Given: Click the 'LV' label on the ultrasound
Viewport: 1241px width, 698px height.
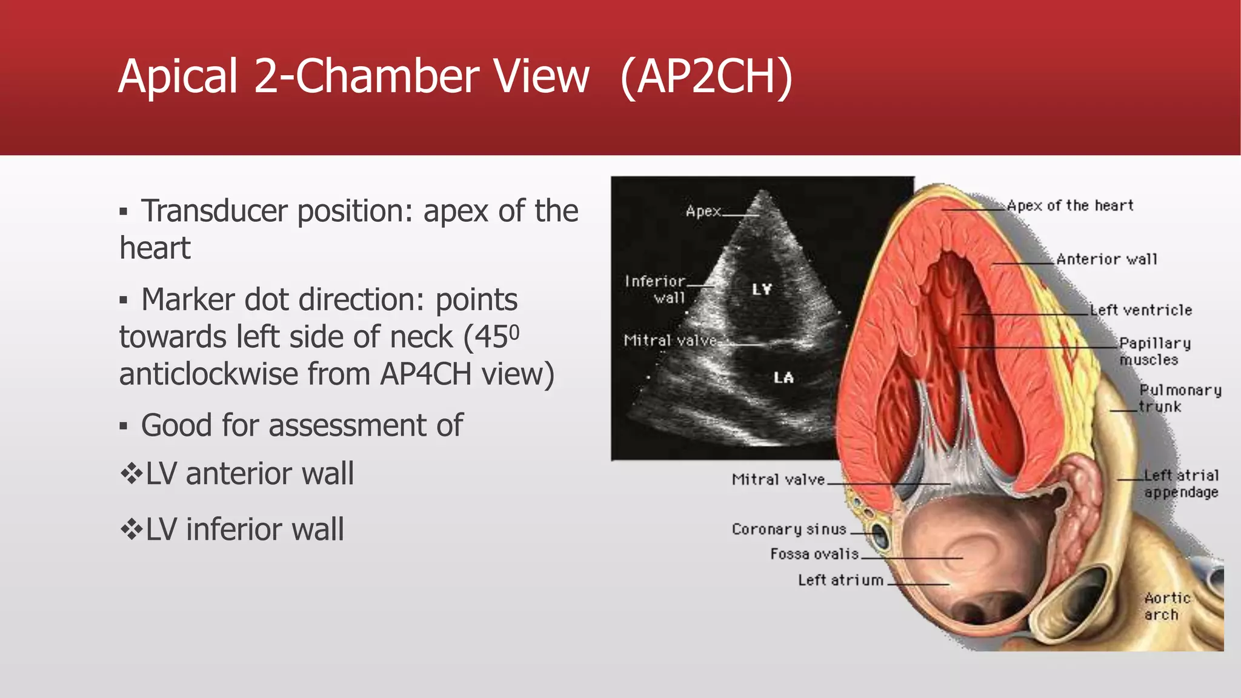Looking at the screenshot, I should pos(762,290).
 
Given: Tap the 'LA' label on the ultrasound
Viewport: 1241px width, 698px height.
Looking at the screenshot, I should pos(784,378).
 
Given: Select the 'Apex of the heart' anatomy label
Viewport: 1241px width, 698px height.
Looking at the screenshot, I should pos(1070,206).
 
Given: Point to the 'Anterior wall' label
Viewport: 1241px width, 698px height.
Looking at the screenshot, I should pos(1106,259).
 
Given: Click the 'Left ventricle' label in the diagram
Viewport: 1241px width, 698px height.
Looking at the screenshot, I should pos(1141,310).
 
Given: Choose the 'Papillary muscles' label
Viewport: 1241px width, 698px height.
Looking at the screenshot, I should pos(1154,351).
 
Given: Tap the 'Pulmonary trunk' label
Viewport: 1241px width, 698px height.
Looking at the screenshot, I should pos(1179,398).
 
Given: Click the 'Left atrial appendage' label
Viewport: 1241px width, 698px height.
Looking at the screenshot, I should pos(1181,484).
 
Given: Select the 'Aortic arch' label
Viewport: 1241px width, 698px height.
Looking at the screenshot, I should pos(1166,606).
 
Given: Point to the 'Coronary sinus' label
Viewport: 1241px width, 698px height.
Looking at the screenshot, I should pos(789,530).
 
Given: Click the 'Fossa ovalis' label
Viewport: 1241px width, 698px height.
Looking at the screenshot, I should pos(814,554).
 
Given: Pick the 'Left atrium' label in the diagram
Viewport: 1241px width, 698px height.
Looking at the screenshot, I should pos(840,580).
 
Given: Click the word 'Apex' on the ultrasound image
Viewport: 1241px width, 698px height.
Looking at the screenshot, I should pos(703,211).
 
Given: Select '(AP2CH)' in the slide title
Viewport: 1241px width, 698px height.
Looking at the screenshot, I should pos(707,77).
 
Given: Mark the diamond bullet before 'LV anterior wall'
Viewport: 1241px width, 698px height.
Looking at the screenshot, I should pos(131,473).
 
